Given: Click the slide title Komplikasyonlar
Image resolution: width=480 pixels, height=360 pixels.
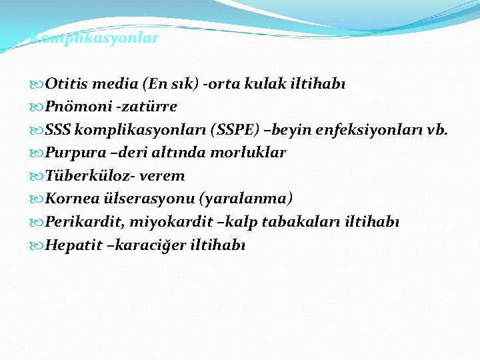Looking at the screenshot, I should pos(95,38).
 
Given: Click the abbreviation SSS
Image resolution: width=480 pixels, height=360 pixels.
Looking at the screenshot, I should pos(58,129).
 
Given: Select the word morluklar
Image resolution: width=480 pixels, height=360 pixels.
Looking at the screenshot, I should pos(249,153).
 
